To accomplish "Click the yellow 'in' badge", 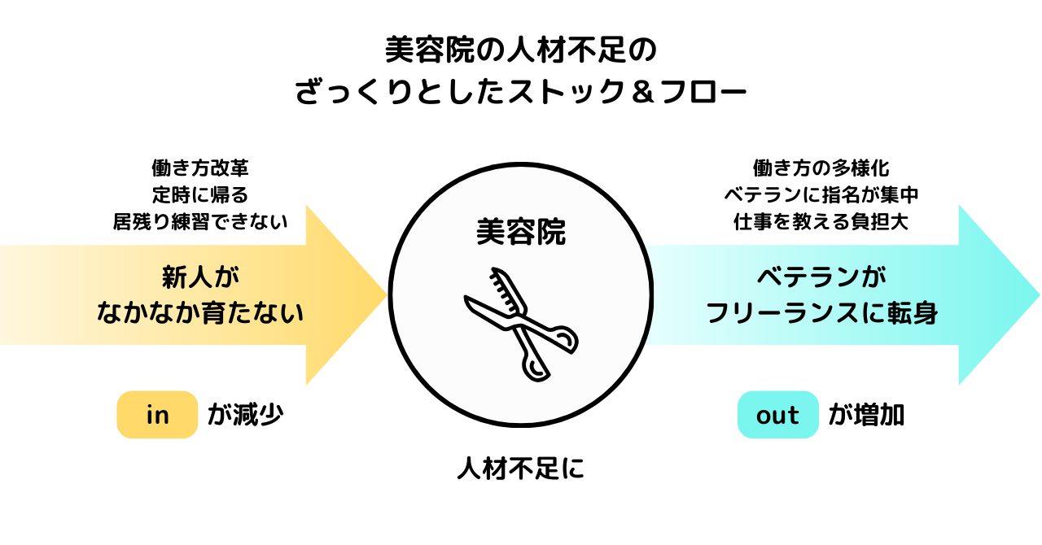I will [157, 415].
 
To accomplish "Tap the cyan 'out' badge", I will [777, 415].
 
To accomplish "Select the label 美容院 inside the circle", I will [521, 233].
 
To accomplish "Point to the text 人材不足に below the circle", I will [521, 469].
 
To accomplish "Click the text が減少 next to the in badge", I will [245, 415].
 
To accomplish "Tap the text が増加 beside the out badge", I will [867, 415].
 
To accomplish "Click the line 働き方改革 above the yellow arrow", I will [200, 168].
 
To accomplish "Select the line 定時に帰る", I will [200, 194].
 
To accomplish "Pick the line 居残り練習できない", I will [200, 221].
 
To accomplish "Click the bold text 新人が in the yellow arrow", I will [200, 278].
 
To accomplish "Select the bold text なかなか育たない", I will [200, 312].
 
